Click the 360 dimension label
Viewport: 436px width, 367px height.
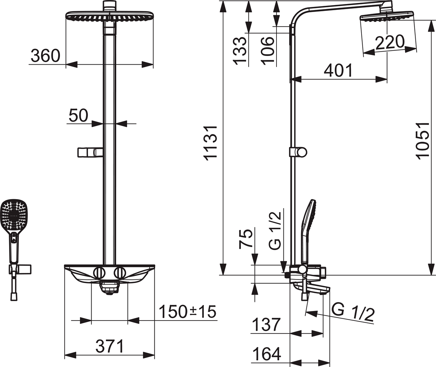point(45,56)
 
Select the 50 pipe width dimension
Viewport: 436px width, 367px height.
point(78,116)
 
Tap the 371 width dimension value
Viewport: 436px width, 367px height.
point(110,346)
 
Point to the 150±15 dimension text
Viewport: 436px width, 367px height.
point(187,312)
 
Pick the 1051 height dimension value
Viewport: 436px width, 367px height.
point(422,141)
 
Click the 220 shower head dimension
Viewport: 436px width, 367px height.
point(389,43)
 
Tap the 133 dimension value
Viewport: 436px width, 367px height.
point(239,51)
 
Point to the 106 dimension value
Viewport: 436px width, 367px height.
point(267,51)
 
